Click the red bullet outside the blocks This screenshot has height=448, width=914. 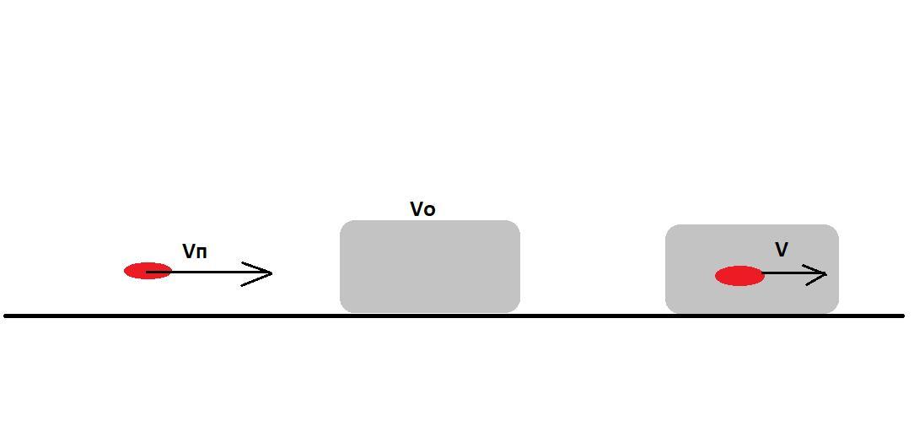coord(148,271)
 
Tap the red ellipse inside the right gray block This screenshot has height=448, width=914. coord(739,276)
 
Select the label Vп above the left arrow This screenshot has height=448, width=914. coord(195,251)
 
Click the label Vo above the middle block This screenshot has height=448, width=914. coord(422,209)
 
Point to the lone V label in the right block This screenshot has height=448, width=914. coord(782,250)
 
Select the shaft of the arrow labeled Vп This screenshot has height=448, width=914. coord(211,272)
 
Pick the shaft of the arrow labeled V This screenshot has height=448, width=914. coord(788,273)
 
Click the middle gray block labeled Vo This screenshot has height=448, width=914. coord(429,267)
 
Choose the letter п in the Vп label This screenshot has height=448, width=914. coord(202,251)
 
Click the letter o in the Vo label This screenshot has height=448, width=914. coord(430,210)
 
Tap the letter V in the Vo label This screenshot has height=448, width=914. coord(417,209)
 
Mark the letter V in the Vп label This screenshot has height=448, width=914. coord(189,251)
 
